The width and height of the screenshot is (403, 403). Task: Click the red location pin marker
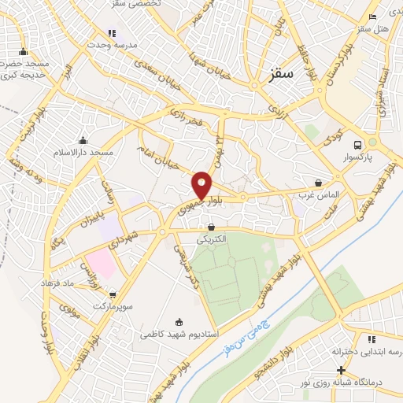(x=202, y=185)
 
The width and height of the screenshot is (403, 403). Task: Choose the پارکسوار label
(x=358, y=158)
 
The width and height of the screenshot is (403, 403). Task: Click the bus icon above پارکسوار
(x=358, y=146)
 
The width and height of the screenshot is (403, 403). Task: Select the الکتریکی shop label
(x=210, y=238)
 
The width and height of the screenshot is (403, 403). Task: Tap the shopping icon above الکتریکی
(x=211, y=227)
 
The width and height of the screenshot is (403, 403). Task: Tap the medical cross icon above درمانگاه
(x=340, y=370)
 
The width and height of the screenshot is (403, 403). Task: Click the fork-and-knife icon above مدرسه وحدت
(x=112, y=34)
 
